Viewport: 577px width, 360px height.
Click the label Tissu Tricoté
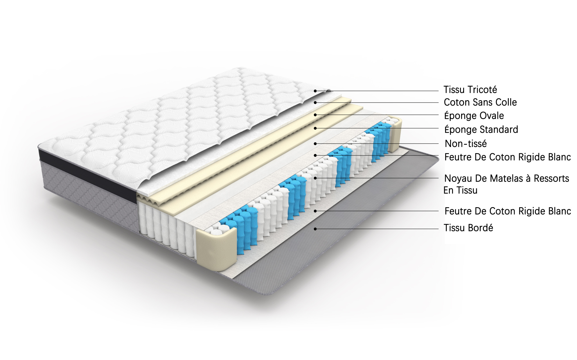coord(470,90)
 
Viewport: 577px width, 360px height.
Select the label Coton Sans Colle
coord(480,102)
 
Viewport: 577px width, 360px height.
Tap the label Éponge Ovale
coord(474,116)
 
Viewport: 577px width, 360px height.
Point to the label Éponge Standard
coord(481,129)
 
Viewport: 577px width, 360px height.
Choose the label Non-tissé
coord(466,144)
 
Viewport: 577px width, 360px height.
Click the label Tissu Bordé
coord(468,228)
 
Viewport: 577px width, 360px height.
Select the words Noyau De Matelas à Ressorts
coord(507,178)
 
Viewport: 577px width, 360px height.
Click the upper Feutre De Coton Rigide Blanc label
coord(508,157)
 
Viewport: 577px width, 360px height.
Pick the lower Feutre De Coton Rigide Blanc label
coord(508,211)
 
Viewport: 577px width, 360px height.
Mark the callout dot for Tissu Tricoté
coord(315,91)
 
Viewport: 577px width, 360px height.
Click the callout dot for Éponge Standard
coord(315,128)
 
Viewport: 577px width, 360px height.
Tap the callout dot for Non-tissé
coord(315,144)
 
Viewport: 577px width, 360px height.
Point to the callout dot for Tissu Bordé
coord(315,229)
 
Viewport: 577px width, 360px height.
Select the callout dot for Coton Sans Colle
coord(315,103)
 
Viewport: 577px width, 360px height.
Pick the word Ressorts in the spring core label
coord(551,178)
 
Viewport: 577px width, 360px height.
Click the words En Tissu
coord(460,190)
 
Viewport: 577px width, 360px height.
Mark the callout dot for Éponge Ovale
coord(315,115)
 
